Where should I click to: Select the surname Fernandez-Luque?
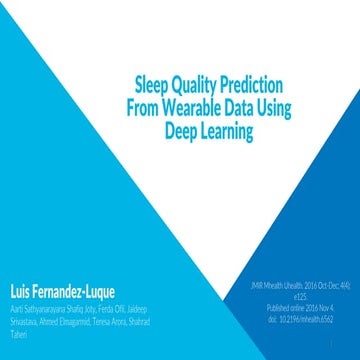coord(89,273)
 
